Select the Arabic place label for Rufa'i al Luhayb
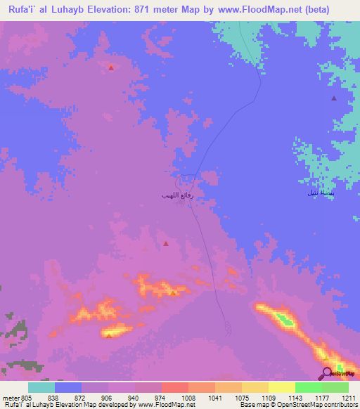[x=191, y=197]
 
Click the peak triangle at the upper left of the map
[x=111, y=67]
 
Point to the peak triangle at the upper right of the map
[x=333, y=98]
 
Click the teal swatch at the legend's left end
[x=41, y=387]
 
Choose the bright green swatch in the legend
[x=309, y=387]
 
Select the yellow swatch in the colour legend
[x=255, y=387]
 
